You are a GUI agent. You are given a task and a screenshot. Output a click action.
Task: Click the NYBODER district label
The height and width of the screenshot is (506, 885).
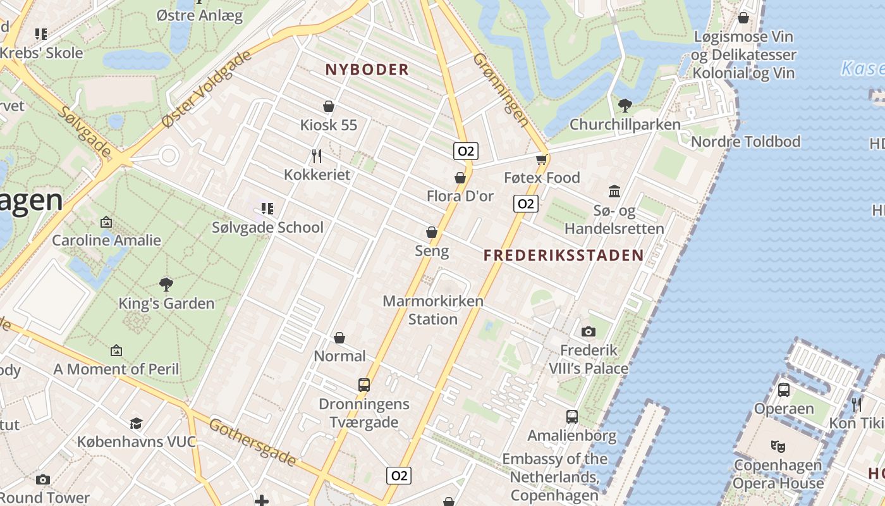[367, 70]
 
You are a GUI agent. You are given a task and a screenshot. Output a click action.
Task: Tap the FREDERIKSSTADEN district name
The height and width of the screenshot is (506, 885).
[563, 256]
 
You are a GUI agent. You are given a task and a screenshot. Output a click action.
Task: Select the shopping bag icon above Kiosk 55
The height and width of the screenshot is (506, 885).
[329, 106]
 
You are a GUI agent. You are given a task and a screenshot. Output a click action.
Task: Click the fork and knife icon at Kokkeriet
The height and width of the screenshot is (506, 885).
[317, 156]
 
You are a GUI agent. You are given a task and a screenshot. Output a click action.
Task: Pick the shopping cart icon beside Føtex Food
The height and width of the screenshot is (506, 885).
[542, 159]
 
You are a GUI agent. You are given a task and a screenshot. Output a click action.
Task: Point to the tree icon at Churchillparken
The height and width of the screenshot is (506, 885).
[625, 105]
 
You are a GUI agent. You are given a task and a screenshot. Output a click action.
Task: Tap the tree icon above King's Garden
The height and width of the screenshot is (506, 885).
[166, 285]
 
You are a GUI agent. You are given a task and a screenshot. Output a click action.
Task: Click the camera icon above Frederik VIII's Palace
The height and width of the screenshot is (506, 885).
[588, 331]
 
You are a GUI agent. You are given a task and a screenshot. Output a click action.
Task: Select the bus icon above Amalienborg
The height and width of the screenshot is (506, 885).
[572, 417]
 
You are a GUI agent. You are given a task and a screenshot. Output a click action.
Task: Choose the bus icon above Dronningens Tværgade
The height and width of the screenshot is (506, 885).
[364, 385]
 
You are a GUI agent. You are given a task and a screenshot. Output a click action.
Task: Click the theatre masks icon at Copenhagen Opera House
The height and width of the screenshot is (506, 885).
[779, 446]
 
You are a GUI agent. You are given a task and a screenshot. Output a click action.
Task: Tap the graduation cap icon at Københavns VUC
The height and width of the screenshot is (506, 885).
[136, 423]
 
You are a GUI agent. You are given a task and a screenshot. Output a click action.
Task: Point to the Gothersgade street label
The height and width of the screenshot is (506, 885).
[252, 441]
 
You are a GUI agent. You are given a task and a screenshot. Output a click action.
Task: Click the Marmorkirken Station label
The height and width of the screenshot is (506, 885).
[433, 310]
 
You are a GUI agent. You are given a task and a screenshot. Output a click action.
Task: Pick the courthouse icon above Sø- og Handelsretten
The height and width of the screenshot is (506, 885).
[614, 191]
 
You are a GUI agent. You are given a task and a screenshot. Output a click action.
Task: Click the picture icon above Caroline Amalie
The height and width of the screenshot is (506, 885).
[106, 222]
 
